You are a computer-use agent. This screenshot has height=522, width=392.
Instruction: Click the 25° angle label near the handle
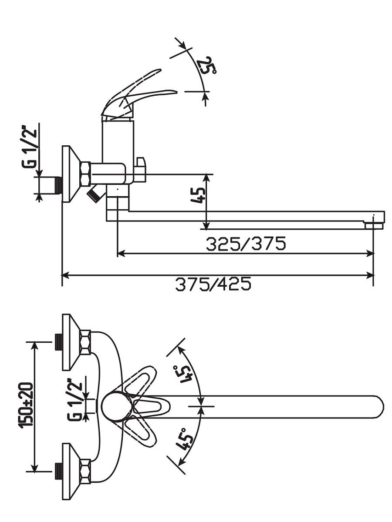206,66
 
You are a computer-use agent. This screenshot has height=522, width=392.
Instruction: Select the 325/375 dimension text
245,244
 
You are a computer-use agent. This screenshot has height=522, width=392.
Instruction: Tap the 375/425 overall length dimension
213,284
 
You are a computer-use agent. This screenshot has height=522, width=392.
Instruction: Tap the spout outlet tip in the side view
375,225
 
